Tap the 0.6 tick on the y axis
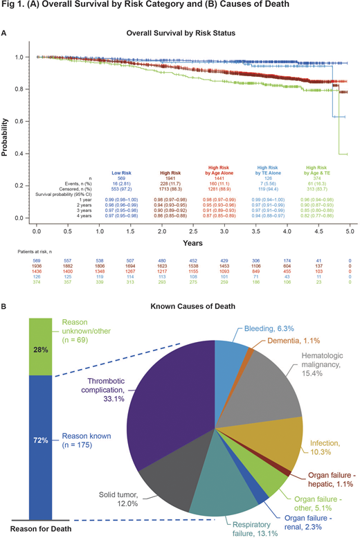click(x=25, y=121)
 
